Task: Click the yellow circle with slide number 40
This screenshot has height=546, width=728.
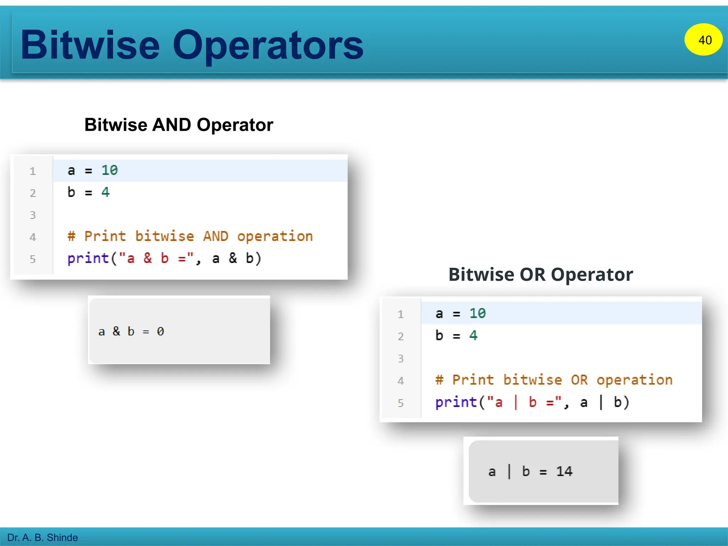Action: pyautogui.click(x=703, y=39)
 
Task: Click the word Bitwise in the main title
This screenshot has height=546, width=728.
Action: pyautogui.click(x=90, y=45)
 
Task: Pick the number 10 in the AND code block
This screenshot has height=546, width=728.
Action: pyautogui.click(x=109, y=170)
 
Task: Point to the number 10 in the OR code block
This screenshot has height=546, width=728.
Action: pyautogui.click(x=477, y=313)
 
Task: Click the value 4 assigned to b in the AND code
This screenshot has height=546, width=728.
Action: pyautogui.click(x=106, y=192)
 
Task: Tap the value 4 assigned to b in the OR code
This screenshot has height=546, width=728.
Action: pyautogui.click(x=473, y=335)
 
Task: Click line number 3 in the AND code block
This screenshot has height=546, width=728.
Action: pyautogui.click(x=33, y=215)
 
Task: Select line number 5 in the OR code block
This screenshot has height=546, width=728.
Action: pyautogui.click(x=401, y=403)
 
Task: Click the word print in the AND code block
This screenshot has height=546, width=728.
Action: pyautogui.click(x=88, y=258)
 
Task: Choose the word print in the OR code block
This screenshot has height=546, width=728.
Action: pyautogui.click(x=456, y=402)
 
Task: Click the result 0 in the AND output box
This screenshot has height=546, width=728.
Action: pyautogui.click(x=160, y=332)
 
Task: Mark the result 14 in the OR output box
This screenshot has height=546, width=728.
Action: pyautogui.click(x=564, y=471)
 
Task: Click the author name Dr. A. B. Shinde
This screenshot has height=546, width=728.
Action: pyautogui.click(x=42, y=537)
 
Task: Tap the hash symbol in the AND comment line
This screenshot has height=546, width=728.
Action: pyautogui.click(x=71, y=236)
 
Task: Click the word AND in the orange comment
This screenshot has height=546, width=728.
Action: pyautogui.click(x=215, y=236)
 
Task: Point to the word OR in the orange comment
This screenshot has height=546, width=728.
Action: pyautogui.click(x=579, y=380)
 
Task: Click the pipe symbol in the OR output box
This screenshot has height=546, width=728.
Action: pyautogui.click(x=509, y=471)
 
